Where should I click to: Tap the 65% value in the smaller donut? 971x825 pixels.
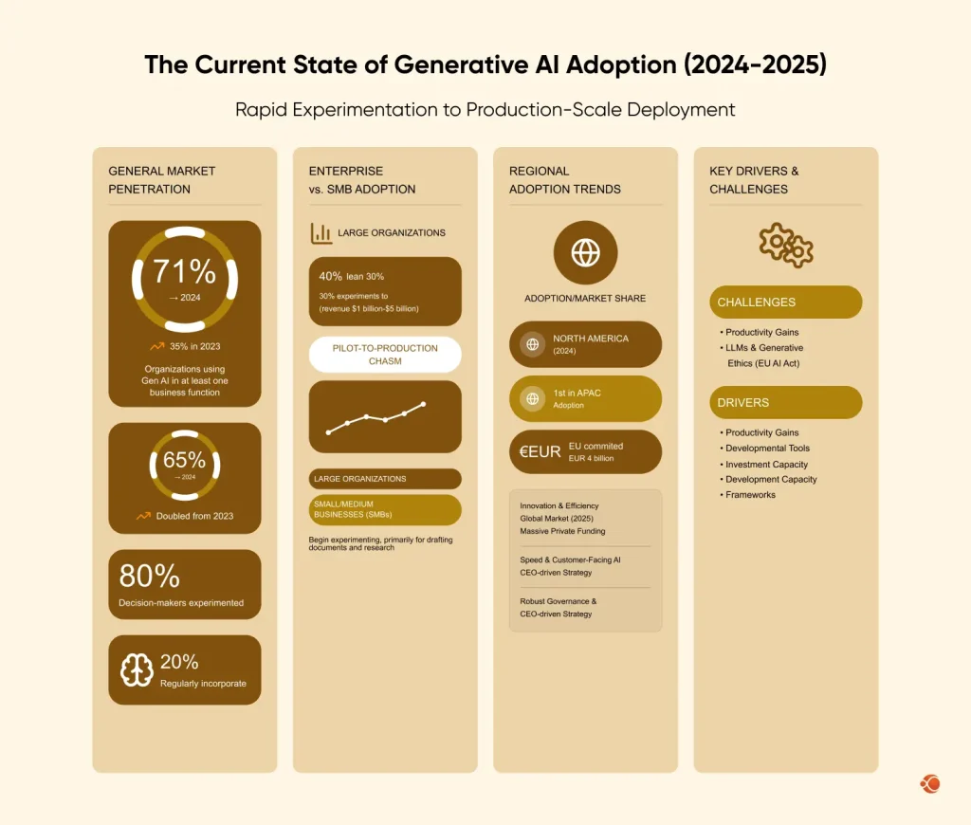[184, 460]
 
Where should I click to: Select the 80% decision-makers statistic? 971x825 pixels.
[149, 576]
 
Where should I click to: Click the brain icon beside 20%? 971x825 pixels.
[137, 670]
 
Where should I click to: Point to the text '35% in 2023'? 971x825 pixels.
[194, 346]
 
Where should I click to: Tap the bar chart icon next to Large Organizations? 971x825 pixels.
[321, 232]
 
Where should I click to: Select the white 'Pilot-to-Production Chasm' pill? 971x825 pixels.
[385, 354]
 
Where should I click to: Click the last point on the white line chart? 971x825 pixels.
[423, 404]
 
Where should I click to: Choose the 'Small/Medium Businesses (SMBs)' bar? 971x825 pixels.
[385, 509]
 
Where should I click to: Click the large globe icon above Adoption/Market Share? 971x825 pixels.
[585, 252]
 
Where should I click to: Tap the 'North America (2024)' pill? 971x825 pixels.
[585, 344]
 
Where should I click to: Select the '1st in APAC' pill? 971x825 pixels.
[585, 398]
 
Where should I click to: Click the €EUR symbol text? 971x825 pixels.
[540, 452]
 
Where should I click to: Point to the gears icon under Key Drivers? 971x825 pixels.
[786, 245]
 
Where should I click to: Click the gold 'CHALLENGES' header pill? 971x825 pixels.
[785, 302]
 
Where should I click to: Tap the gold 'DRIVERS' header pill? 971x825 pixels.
[785, 402]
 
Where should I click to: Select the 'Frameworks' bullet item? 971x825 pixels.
[750, 495]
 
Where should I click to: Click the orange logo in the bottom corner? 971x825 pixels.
[929, 783]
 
